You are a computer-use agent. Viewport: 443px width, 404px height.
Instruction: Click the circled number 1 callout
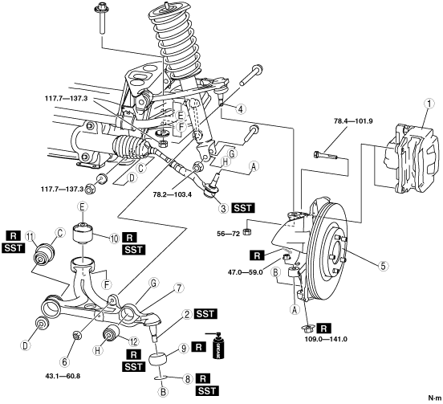tap(429, 104)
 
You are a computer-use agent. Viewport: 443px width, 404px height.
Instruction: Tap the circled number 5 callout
tap(383, 266)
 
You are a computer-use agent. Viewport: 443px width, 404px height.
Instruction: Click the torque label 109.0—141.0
tap(326, 339)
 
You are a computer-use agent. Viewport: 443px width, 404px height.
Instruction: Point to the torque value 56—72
tap(228, 234)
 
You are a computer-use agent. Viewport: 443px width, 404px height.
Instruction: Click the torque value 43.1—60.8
tap(63, 377)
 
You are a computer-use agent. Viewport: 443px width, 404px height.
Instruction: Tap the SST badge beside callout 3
tap(243, 208)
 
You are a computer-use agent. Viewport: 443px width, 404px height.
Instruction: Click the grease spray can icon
tap(217, 345)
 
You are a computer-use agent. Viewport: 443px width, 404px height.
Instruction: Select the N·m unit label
tap(434, 398)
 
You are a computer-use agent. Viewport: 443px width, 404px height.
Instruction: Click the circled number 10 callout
tap(114, 239)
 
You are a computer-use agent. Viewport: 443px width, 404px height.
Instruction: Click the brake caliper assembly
tap(412, 158)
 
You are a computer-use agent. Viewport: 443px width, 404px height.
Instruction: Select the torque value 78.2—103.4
tap(173, 194)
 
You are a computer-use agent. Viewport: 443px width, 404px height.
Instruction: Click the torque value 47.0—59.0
tap(246, 272)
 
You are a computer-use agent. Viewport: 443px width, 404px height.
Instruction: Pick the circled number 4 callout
tap(240, 109)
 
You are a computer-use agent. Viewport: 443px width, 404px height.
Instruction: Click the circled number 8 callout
tap(187, 379)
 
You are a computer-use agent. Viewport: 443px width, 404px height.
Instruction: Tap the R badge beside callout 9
tap(198, 347)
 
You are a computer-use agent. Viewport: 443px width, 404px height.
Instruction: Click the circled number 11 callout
tap(30, 236)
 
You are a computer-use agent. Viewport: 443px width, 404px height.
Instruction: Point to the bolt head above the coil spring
tap(100, 7)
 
